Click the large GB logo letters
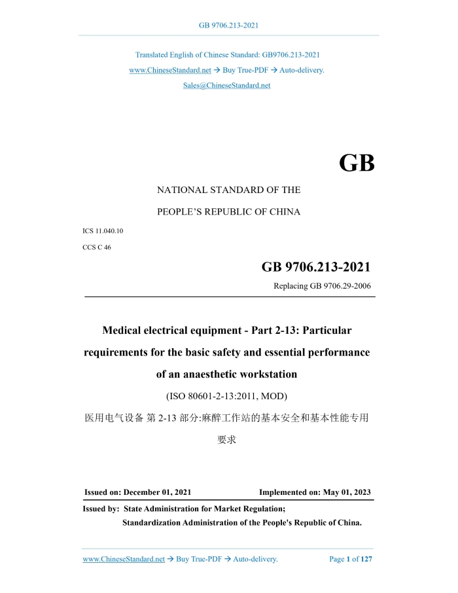pos(357,164)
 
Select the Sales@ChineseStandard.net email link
pos(226,85)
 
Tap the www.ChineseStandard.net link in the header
pos(169,70)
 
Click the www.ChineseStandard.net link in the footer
pos(124,559)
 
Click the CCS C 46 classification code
pos(97,247)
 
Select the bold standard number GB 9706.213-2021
pos(316,267)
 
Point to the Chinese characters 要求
pos(226,440)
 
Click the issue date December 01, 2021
pos(157,492)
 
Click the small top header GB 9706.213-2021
pos(228,26)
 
